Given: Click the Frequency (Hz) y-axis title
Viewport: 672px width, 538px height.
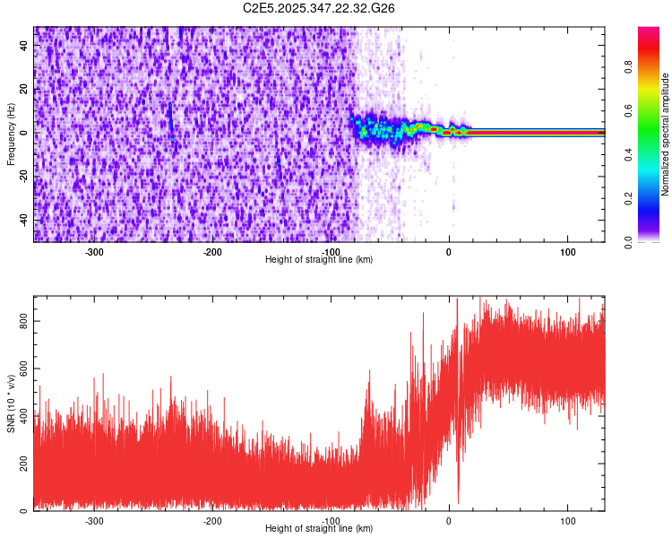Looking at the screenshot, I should (x=11, y=134).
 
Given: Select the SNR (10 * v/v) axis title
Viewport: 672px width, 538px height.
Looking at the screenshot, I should (x=11, y=403).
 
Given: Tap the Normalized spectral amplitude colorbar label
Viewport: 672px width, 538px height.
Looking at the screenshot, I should (x=666, y=134).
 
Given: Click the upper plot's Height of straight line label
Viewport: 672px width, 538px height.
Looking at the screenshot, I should (x=319, y=259).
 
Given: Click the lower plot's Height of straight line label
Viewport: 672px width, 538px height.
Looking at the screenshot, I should (x=319, y=528).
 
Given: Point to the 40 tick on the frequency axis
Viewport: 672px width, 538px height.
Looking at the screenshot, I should (x=24, y=45).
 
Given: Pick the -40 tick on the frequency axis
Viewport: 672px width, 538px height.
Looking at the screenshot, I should (x=22, y=220).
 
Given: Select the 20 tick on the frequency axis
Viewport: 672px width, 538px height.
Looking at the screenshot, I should (x=24, y=89).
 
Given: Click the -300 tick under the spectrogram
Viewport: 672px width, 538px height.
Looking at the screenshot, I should (x=94, y=252).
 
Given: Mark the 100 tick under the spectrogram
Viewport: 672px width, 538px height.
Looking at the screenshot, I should (x=567, y=252).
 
